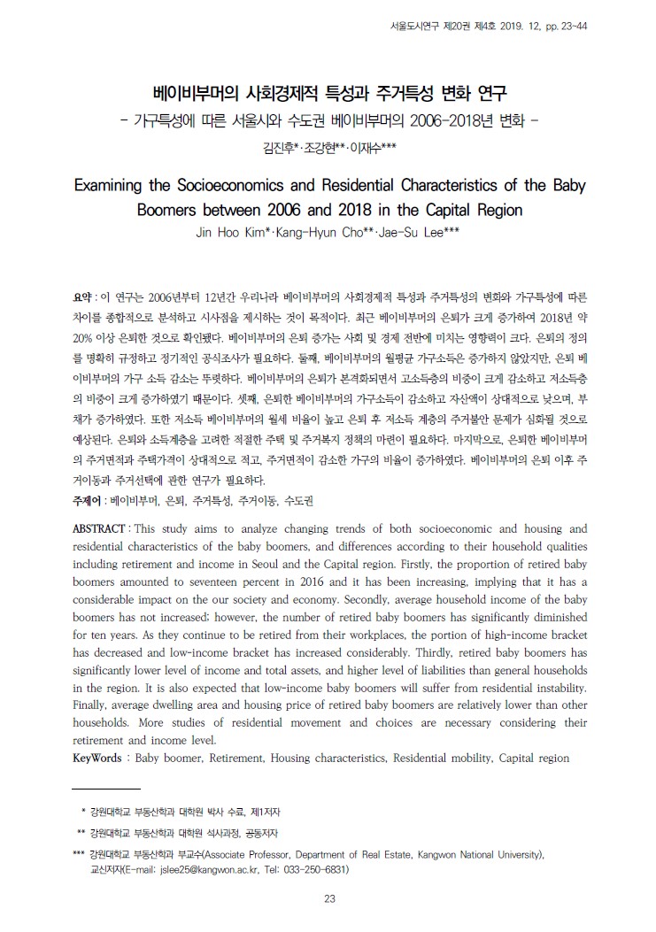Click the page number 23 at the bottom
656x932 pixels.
click(328, 900)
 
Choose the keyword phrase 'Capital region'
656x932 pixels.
click(534, 759)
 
